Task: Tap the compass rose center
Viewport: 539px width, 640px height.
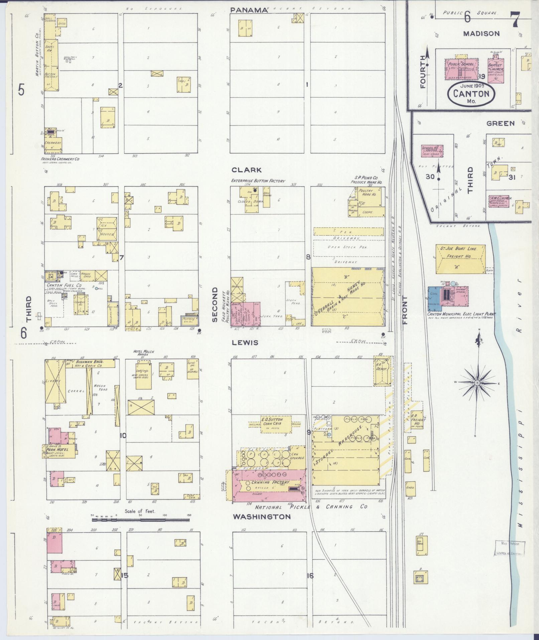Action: pos(477,383)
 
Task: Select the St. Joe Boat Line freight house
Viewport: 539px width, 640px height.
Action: pos(460,259)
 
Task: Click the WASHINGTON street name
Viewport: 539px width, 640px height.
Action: pos(262,517)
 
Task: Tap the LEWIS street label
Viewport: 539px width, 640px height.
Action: pos(246,343)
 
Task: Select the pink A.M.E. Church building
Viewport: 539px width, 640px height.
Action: pos(500,201)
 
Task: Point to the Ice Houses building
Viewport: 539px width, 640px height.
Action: pos(107,228)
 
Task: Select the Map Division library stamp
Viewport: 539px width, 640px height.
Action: pos(509,548)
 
